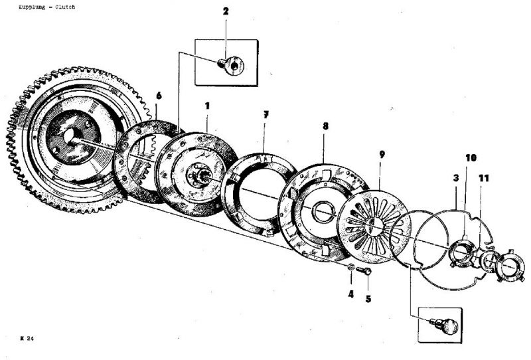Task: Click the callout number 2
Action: pos(226,12)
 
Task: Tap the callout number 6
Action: pos(158,96)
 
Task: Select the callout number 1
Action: pos(207,106)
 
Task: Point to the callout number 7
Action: pos(265,115)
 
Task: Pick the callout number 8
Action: pos(325,125)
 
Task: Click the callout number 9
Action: pos(382,154)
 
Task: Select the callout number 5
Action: pos(368,298)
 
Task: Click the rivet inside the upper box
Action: pos(232,64)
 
